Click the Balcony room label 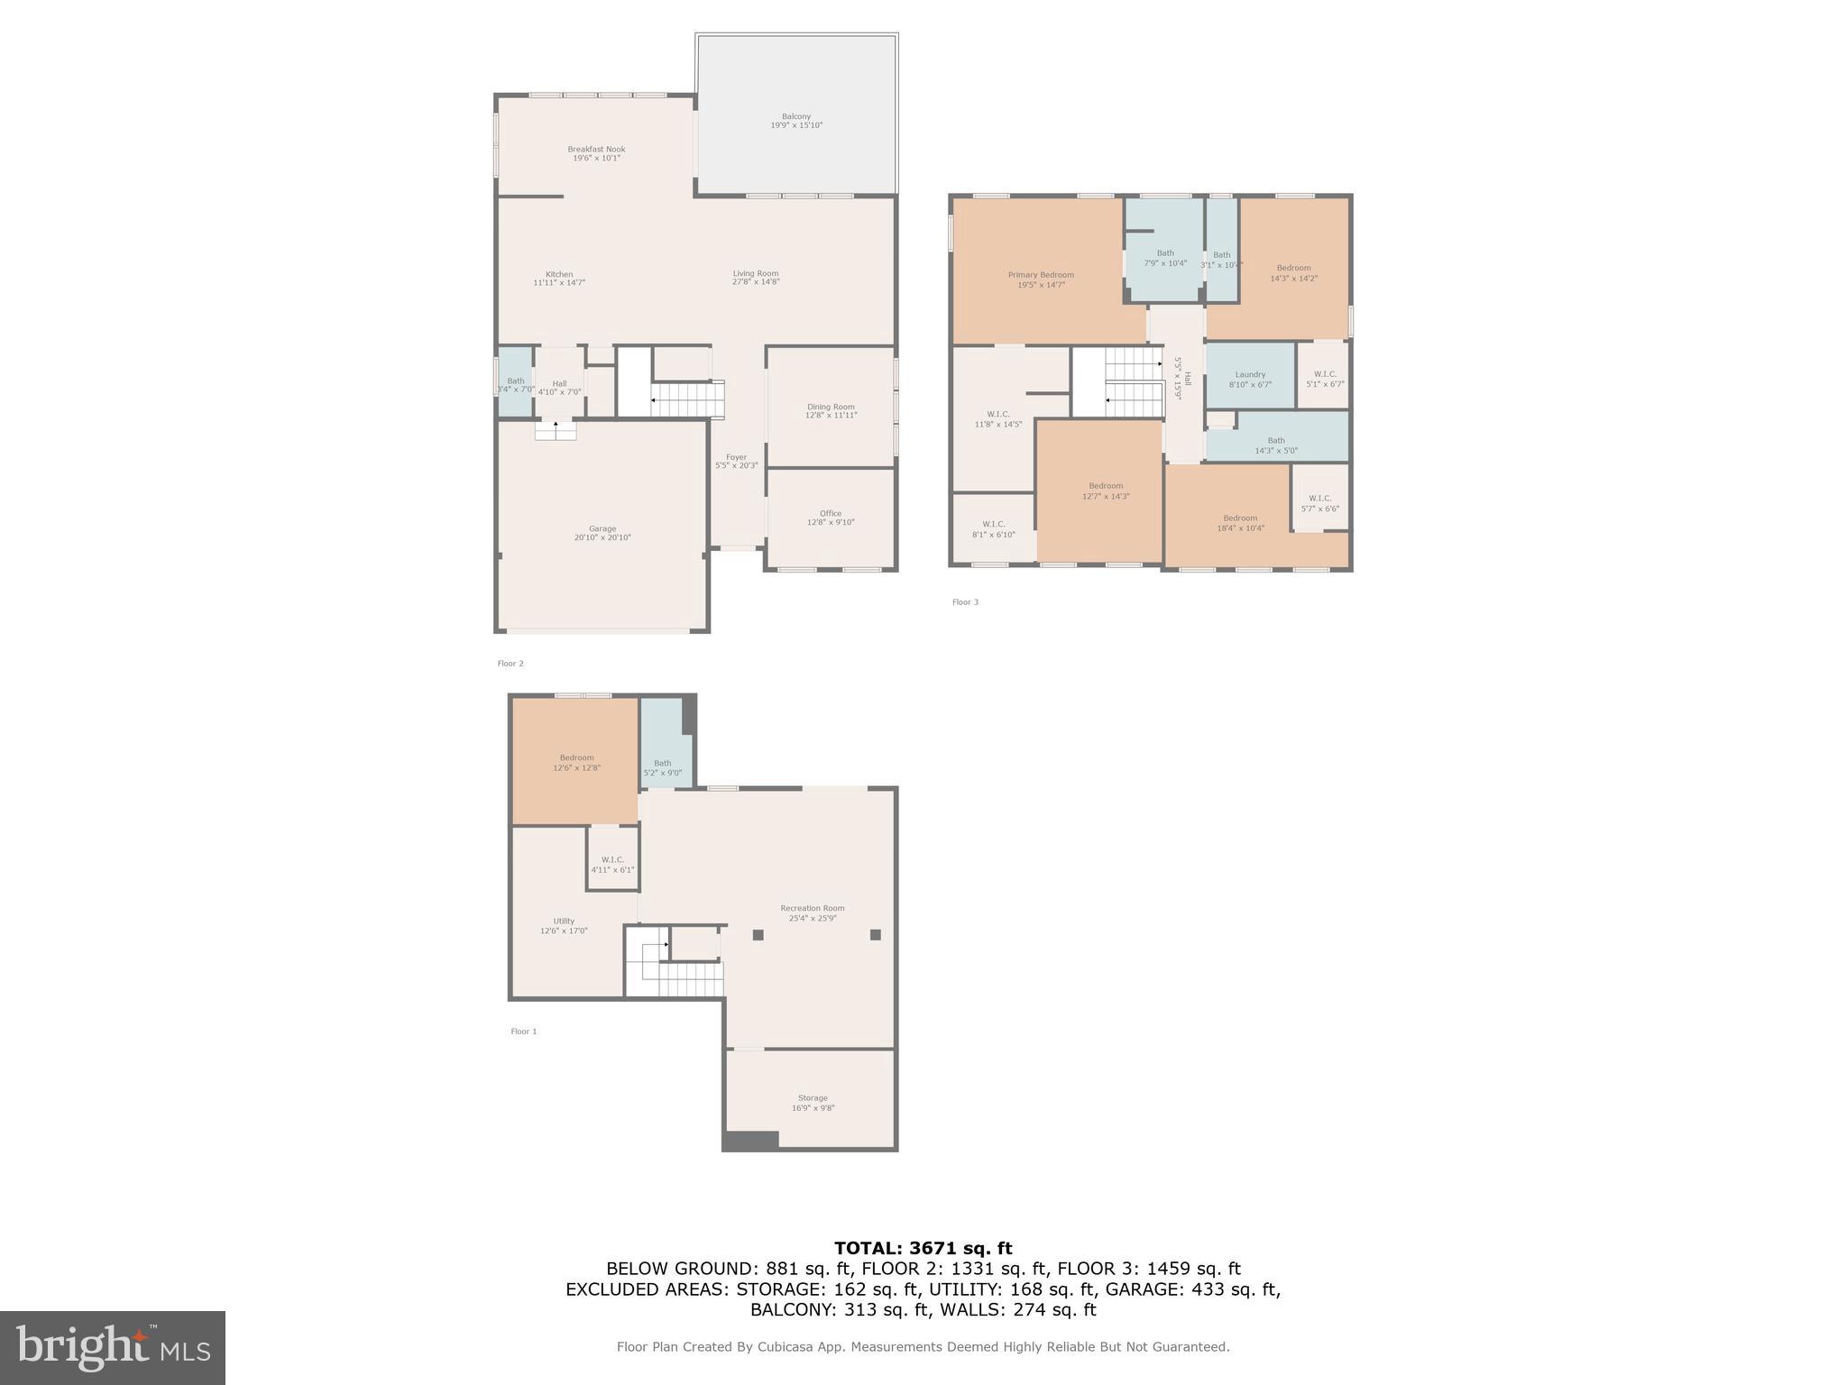click(796, 116)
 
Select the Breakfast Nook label click(596, 150)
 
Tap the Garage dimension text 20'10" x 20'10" click(602, 538)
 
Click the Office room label click(831, 514)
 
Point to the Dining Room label click(831, 407)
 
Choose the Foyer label click(737, 458)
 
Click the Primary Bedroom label click(1041, 275)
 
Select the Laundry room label click(1250, 375)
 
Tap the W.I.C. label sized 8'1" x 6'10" click(994, 529)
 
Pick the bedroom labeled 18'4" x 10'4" click(1240, 523)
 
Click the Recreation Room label click(813, 909)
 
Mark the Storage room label click(813, 1098)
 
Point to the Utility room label click(564, 922)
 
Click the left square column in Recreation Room click(758, 935)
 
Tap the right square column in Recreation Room click(875, 935)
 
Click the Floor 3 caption click(965, 602)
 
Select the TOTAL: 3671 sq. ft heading click(923, 1249)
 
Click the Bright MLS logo click(113, 1348)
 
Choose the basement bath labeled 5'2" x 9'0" click(663, 768)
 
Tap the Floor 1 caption click(523, 1032)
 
